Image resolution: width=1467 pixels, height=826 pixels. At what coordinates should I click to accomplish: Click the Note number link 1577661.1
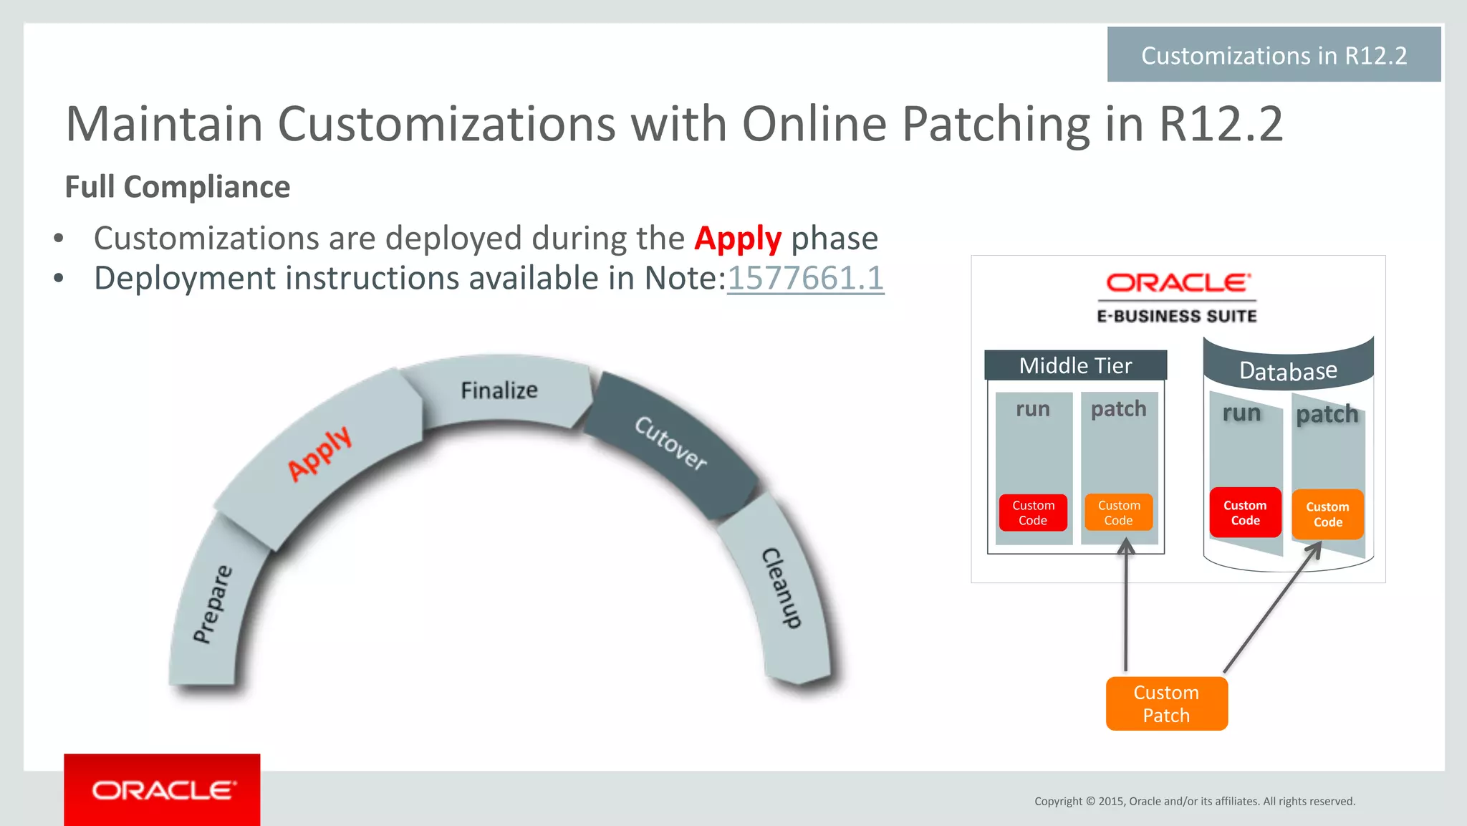805,278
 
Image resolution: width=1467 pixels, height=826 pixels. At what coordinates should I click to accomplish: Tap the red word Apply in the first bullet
737,239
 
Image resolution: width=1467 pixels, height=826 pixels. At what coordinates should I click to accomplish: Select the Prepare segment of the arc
213,604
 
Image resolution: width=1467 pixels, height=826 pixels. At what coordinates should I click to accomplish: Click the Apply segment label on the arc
319,453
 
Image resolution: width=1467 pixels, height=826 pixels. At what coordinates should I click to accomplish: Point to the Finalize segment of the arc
499,390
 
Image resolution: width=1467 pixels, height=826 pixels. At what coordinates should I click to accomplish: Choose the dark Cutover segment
670,443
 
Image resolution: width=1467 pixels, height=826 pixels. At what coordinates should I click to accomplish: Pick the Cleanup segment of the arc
781,587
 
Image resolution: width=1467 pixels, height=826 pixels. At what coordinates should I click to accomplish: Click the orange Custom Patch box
1166,703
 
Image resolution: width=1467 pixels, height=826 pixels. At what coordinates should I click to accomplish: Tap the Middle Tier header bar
1075,365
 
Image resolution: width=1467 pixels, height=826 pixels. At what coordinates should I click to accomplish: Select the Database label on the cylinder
1288,371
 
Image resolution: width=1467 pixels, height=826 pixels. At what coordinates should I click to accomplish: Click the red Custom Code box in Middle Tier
1033,513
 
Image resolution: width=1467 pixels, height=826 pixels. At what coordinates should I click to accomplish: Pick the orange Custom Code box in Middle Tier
1118,513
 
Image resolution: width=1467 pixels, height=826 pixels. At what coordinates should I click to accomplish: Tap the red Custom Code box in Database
1245,513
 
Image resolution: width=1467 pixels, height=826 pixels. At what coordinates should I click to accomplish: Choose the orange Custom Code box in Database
1327,514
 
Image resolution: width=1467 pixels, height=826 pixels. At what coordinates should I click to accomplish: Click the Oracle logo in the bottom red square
163,790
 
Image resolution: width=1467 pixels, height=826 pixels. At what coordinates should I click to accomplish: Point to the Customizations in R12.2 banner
1274,55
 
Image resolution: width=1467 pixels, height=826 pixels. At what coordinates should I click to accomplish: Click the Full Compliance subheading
178,187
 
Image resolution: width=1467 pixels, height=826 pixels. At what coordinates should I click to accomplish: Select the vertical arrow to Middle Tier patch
1126,609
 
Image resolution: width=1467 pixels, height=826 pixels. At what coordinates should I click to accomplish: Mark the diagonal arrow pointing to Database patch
1271,609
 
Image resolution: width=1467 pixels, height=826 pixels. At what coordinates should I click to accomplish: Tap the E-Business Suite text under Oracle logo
1177,316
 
